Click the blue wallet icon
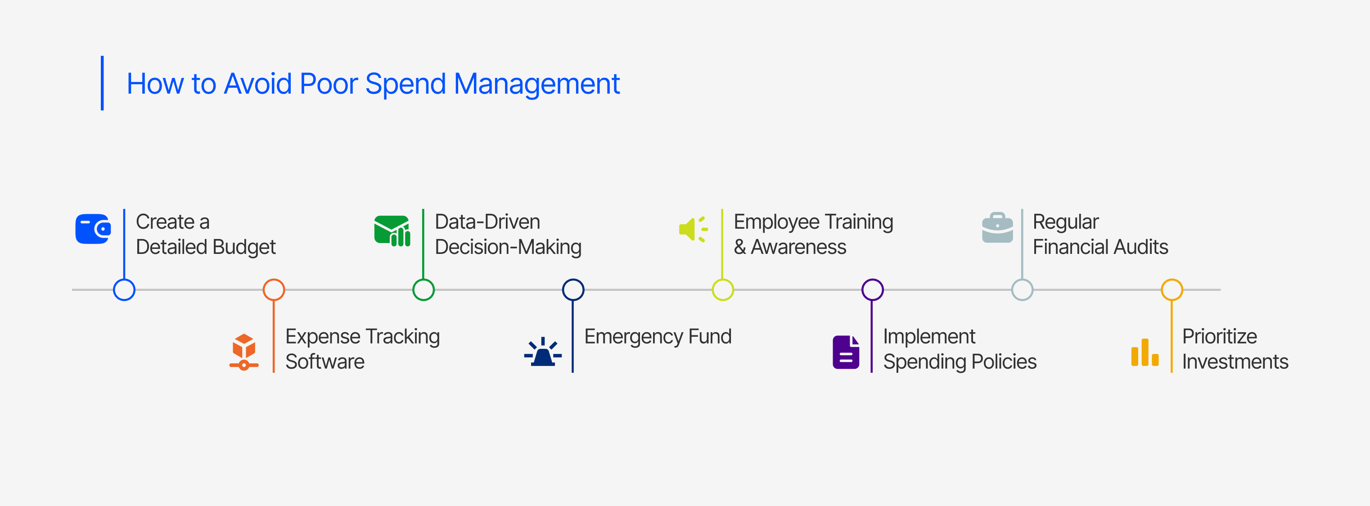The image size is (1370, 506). pos(93,229)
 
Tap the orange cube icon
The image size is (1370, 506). pos(244,352)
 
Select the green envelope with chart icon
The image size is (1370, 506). pos(392,231)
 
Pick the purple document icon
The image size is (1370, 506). pos(846,352)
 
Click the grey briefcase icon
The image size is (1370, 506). pos(997,228)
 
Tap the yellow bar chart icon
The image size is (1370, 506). pos(1145,352)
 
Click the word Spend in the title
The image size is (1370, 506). pos(405,85)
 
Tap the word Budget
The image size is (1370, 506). pos(245,248)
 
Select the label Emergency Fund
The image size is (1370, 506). pos(658,337)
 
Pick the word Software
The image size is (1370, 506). pos(325,362)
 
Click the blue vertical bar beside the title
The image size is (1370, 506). pos(102,83)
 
